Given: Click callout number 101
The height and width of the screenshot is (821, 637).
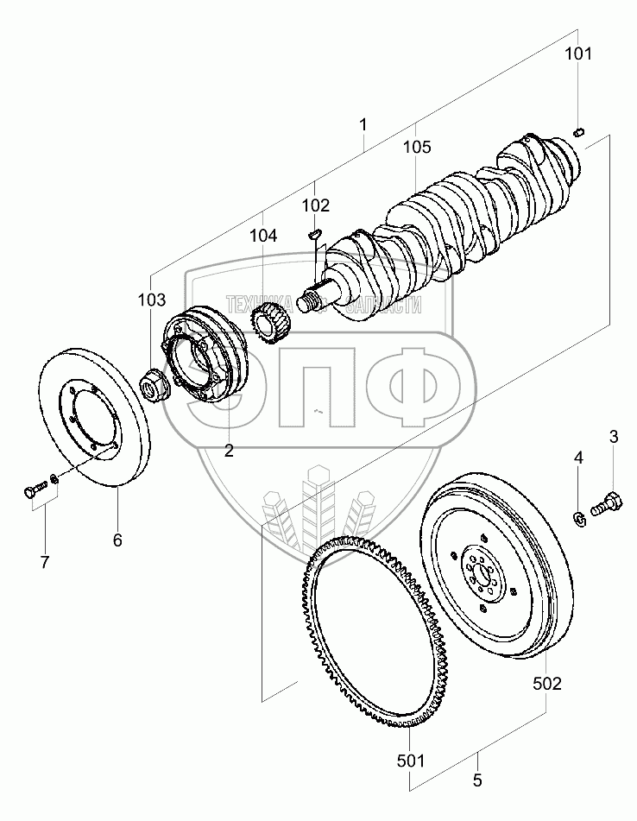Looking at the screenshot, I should pos(578,54).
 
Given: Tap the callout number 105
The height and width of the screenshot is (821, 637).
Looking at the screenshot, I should pos(417,148).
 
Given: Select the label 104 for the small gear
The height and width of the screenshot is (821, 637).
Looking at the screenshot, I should pos(264,235).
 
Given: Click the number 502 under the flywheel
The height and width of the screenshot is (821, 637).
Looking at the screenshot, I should pos(547,684).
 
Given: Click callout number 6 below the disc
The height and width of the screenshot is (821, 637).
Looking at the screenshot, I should pos(117,540).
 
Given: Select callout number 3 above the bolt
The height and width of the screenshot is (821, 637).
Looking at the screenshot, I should pos(614,437).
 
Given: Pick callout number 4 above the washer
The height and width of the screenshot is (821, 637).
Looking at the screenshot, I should pos(579,458).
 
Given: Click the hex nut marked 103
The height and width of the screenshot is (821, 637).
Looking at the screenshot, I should pos(155,384).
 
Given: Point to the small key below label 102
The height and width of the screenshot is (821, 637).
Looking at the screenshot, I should pos(315,231).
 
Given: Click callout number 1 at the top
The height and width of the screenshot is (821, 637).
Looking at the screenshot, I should pos(363,123).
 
